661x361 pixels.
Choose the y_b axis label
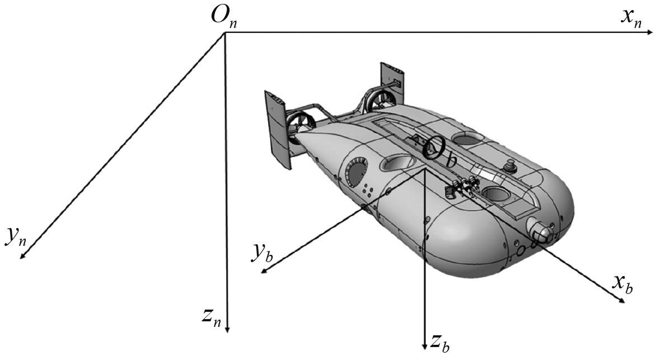(261, 254)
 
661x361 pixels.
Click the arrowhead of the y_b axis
(265, 271)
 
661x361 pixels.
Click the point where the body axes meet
(424, 170)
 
